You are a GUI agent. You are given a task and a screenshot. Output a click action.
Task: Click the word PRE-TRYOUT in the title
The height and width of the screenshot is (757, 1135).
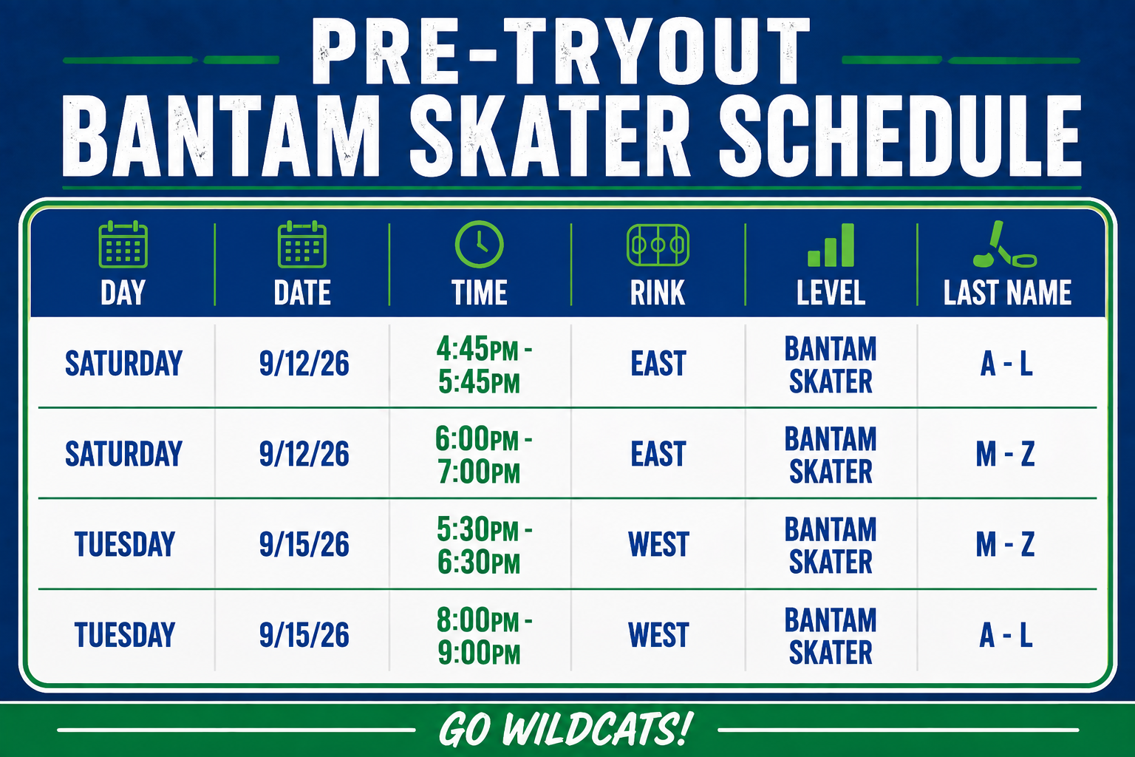pos(560,51)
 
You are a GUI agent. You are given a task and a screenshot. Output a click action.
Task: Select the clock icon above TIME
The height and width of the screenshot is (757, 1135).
pos(480,244)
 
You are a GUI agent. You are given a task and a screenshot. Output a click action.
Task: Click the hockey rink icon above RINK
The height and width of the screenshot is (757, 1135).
pos(658,245)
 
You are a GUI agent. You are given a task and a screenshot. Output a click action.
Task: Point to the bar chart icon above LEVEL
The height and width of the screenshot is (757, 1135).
pos(831,245)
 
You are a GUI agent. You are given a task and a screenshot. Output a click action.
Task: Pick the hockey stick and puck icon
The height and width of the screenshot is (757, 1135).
pos(1005,244)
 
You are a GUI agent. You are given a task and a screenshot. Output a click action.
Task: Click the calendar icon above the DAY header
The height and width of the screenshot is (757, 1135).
pos(123,244)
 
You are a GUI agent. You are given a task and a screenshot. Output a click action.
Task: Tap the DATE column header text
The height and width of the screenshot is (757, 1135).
pos(302,293)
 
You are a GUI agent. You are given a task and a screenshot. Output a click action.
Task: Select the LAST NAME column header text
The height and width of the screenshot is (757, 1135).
pos(1007,293)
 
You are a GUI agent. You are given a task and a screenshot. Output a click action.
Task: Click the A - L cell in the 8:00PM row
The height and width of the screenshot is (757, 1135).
pos(1006,635)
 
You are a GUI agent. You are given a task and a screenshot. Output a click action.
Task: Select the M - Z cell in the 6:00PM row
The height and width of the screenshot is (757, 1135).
pos(1005,454)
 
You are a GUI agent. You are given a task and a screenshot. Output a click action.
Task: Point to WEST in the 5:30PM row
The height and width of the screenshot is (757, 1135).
pos(658,545)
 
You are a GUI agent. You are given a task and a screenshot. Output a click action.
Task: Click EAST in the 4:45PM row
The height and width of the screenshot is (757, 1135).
pos(658,364)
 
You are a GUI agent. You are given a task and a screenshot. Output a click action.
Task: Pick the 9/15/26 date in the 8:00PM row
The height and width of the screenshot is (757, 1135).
pos(304,635)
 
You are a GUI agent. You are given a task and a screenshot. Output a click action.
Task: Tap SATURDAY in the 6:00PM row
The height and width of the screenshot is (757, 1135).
pos(123,454)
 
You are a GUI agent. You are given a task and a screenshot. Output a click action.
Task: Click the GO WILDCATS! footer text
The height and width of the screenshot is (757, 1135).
pos(565,730)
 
